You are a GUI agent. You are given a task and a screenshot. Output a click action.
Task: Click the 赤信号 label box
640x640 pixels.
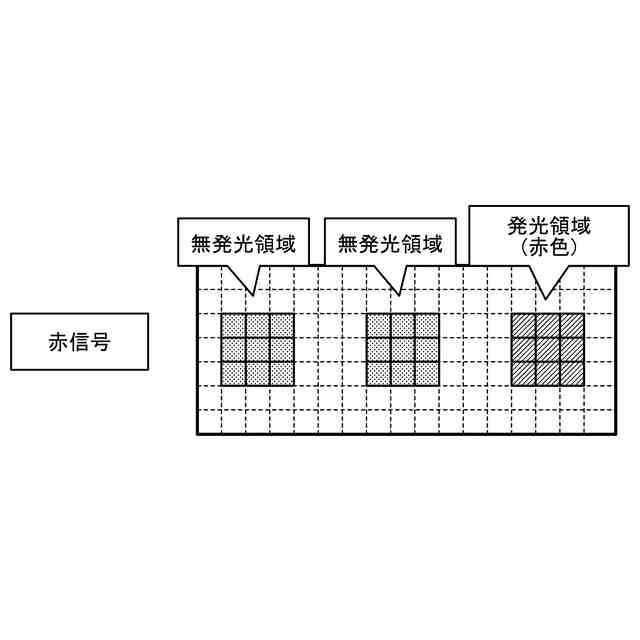pyautogui.click(x=79, y=342)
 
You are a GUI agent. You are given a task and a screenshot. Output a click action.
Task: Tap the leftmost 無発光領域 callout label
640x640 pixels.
pyautogui.click(x=243, y=243)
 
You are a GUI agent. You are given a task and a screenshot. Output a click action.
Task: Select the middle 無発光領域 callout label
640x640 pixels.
pyautogui.click(x=390, y=243)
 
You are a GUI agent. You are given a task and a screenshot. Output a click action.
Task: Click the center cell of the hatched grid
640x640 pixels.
pyautogui.click(x=548, y=350)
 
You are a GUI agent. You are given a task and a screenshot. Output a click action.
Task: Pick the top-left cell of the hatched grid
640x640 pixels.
pyautogui.click(x=524, y=326)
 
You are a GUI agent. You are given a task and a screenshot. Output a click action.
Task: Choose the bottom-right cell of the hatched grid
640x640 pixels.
pyautogui.click(x=572, y=374)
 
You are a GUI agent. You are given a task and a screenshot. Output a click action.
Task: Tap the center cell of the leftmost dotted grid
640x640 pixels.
pyautogui.click(x=257, y=350)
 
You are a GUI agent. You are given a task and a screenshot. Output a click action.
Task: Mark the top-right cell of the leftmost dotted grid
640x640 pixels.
pyautogui.click(x=281, y=326)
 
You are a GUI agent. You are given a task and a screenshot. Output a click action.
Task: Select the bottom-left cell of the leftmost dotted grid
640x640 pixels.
pyautogui.click(x=233, y=374)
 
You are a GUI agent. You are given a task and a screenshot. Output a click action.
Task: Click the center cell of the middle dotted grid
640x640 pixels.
pyautogui.click(x=403, y=350)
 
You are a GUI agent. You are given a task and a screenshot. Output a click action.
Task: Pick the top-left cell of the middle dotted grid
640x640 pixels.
pyautogui.click(x=379, y=326)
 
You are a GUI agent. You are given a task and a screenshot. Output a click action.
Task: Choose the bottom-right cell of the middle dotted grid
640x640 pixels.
pyautogui.click(x=427, y=374)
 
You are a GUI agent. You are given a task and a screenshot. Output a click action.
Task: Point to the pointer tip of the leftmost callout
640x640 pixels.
pyautogui.click(x=254, y=296)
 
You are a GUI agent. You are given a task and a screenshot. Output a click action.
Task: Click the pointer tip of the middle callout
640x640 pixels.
pyautogui.click(x=400, y=296)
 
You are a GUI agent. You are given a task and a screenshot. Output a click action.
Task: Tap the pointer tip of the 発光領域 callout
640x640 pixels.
pyautogui.click(x=546, y=298)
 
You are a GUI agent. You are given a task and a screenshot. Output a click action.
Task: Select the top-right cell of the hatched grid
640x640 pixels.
pyautogui.click(x=572, y=326)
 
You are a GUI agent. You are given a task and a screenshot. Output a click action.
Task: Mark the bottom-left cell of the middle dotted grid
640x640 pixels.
pyautogui.click(x=379, y=374)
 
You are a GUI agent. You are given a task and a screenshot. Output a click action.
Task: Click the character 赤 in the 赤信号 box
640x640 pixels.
pyautogui.click(x=58, y=342)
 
